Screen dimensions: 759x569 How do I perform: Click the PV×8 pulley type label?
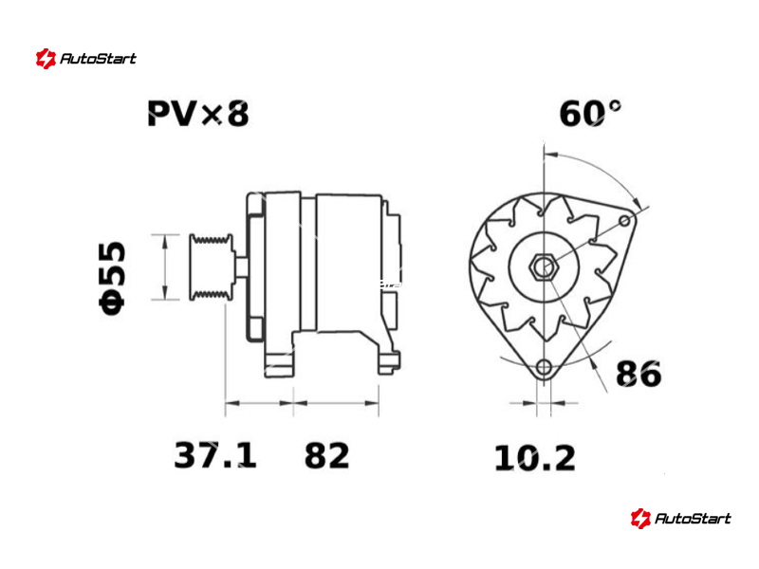[x=198, y=114]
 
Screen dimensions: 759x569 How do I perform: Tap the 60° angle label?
[x=589, y=114]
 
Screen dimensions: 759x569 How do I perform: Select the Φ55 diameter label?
[x=112, y=278]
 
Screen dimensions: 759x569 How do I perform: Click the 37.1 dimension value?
[x=215, y=455]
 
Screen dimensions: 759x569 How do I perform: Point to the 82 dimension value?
[x=326, y=455]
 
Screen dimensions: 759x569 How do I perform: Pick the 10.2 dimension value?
[x=535, y=458]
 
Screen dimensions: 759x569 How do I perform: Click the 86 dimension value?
[x=638, y=374]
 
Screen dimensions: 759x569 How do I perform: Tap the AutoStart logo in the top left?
[x=86, y=59]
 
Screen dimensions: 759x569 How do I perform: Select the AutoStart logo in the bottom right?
[x=680, y=519]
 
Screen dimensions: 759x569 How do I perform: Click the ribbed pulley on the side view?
[x=211, y=267]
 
